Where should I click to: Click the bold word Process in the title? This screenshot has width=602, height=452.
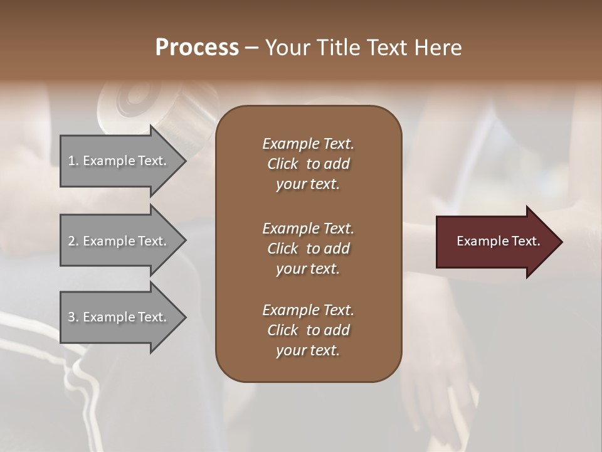tap(197, 48)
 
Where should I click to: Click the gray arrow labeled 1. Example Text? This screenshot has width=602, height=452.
tap(119, 161)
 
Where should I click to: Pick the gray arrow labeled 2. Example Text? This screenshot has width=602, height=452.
tap(119, 241)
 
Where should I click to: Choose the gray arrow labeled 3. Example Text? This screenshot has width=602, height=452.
tap(119, 317)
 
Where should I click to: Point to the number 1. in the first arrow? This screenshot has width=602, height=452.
tap(73, 161)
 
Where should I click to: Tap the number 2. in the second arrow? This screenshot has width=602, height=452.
tap(73, 241)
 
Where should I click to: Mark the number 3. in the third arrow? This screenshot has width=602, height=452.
tap(73, 317)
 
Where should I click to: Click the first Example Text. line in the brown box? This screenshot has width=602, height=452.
tap(308, 144)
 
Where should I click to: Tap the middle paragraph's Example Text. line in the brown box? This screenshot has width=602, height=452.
tap(308, 229)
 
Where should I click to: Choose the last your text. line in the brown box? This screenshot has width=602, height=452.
tap(308, 351)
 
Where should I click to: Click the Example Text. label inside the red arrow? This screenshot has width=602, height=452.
tap(499, 241)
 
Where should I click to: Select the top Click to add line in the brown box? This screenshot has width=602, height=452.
tap(308, 164)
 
